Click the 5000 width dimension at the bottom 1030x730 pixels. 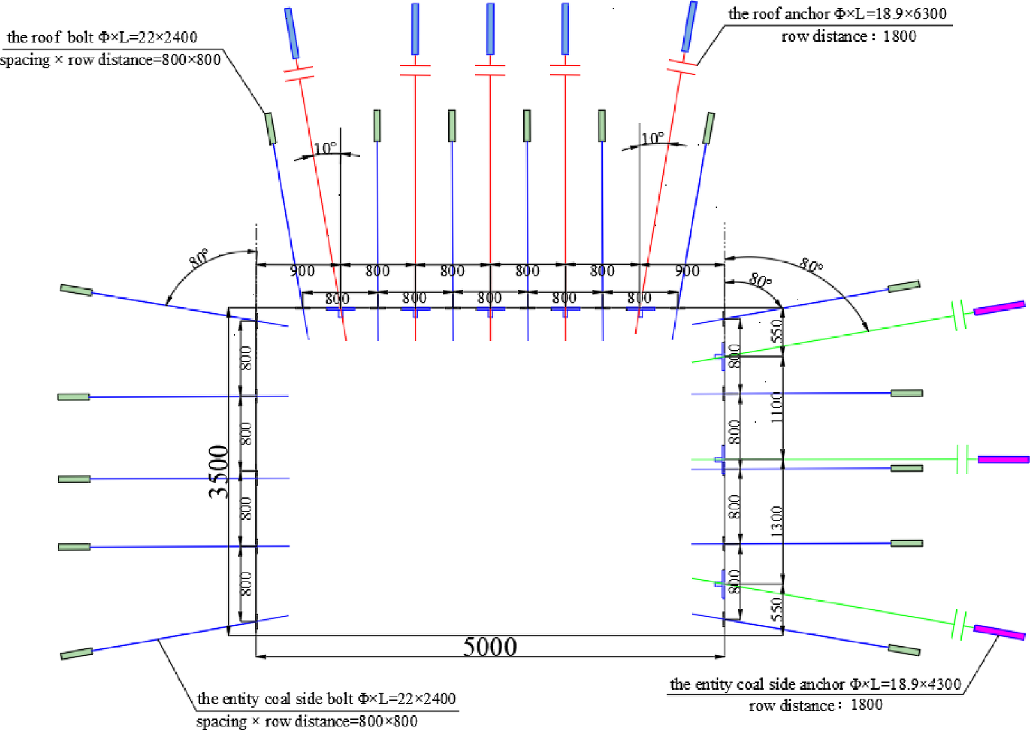pos(489,646)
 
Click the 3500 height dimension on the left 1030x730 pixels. pos(218,472)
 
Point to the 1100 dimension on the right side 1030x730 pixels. pos(776,407)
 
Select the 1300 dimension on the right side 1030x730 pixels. pos(776,521)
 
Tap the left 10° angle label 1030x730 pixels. pos(325,149)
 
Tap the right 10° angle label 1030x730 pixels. pos(652,139)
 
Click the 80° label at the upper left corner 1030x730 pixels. pos(198,258)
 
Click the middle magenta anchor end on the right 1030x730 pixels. pos(1002,460)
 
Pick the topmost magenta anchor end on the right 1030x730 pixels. pos(999,307)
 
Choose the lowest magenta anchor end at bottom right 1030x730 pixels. pos(999,632)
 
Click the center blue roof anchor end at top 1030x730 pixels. pos(490,29)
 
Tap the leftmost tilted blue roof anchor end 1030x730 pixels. pos(292,33)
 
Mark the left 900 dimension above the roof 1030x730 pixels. pos(302,271)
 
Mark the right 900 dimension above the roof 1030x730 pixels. pos(686,271)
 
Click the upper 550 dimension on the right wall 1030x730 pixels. pos(776,331)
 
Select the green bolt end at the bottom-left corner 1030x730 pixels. pos(77,654)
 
